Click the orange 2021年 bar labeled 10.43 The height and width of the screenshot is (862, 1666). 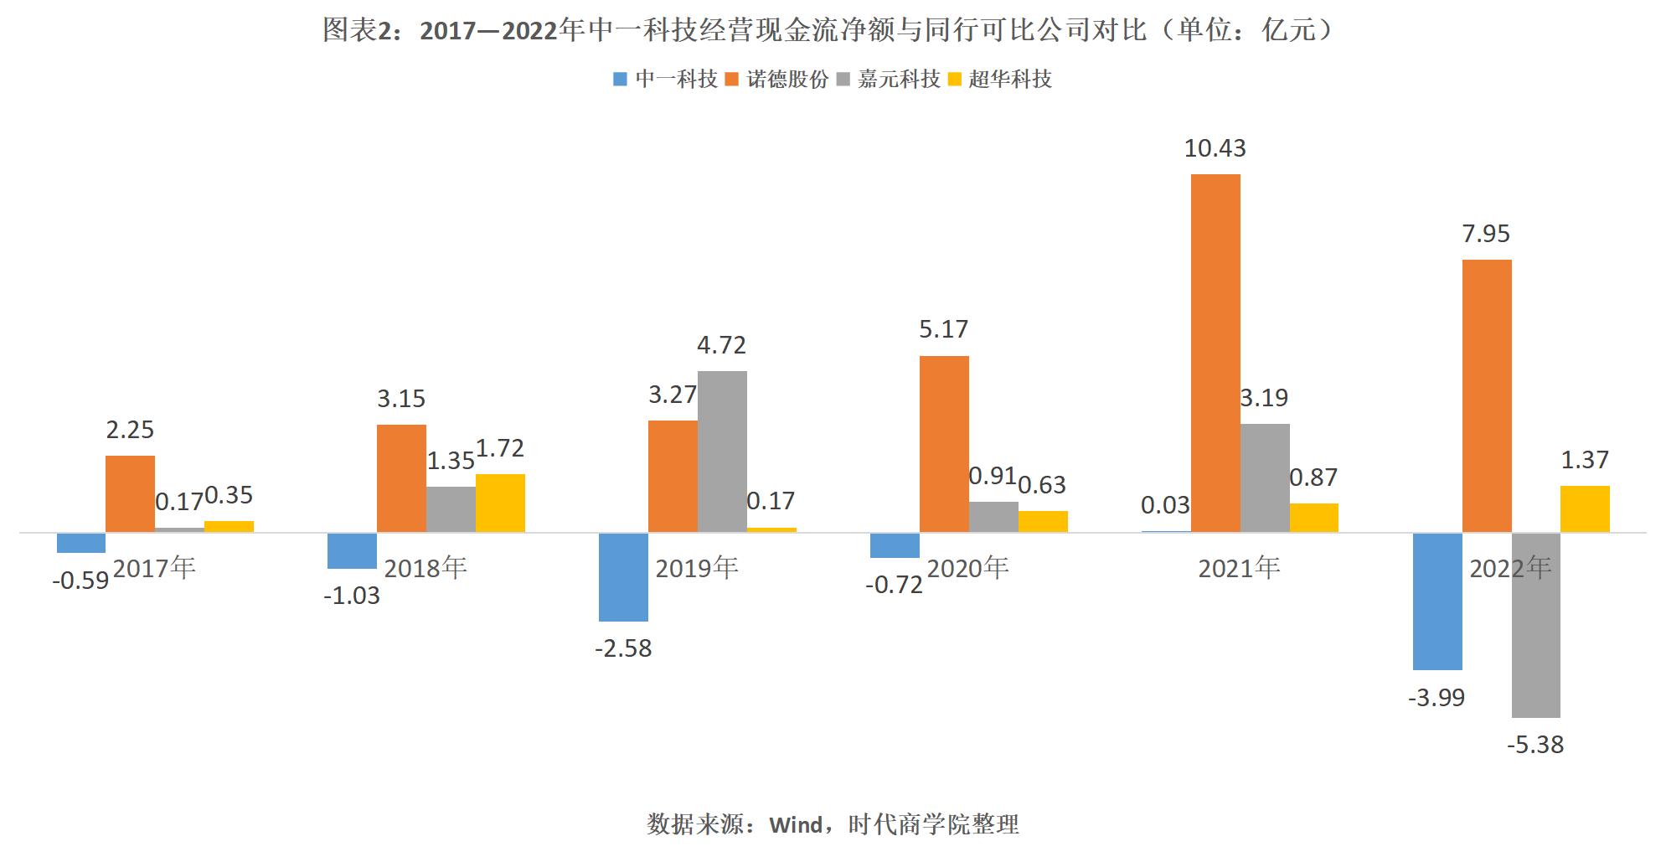(1215, 353)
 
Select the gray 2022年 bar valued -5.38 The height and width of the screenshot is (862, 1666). (1535, 625)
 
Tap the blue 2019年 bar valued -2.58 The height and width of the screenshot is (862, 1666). (623, 576)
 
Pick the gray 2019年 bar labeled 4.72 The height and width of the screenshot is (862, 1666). (722, 451)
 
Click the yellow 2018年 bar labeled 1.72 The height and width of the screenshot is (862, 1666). (500, 503)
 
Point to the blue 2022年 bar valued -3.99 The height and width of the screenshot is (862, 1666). (1437, 601)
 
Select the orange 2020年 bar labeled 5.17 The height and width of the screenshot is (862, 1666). (944, 444)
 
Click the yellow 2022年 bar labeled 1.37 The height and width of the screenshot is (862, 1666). (1585, 508)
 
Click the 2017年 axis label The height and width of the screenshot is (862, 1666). (154, 568)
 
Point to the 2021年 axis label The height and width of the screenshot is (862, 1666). (1239, 568)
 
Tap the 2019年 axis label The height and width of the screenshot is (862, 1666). (696, 568)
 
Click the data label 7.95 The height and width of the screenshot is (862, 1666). (1486, 234)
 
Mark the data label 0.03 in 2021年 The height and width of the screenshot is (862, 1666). (1165, 505)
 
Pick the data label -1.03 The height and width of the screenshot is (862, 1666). (352, 596)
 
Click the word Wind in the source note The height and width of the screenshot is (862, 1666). (796, 825)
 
